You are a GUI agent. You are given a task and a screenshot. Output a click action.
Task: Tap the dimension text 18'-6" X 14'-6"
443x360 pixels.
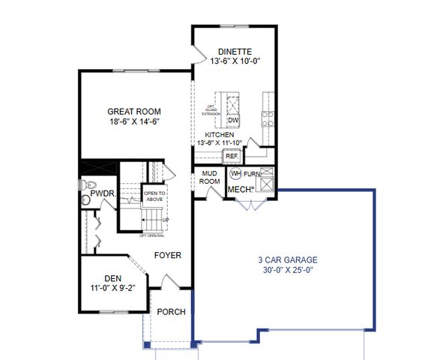click(x=135, y=121)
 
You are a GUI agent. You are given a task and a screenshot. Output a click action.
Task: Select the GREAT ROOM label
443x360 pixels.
click(x=135, y=111)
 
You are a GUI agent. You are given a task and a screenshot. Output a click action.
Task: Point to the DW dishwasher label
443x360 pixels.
click(x=233, y=120)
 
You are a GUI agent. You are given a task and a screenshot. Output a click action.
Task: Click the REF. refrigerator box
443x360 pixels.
click(x=232, y=156)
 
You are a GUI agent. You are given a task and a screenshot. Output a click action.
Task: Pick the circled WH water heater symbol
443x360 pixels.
click(x=235, y=173)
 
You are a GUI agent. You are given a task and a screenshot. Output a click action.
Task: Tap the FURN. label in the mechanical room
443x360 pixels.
click(x=252, y=174)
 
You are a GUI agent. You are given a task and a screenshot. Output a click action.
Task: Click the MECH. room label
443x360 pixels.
click(x=241, y=188)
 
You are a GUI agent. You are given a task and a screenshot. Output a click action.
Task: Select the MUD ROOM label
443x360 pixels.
click(x=209, y=177)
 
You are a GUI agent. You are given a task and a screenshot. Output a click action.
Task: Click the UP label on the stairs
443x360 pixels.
click(x=166, y=220)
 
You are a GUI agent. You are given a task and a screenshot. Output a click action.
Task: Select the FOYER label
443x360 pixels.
click(x=168, y=255)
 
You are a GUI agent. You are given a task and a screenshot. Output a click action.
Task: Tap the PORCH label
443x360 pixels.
click(x=171, y=312)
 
